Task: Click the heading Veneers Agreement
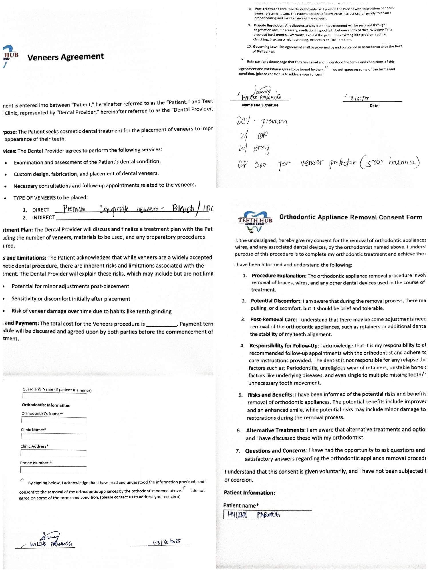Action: [x=65, y=57]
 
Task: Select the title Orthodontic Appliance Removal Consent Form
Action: [x=351, y=217]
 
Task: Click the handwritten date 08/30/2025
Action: [x=167, y=542]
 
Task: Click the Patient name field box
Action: [x=267, y=515]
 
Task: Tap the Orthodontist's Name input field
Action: [x=54, y=420]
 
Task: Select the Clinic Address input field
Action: [x=53, y=453]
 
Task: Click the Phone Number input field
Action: [x=53, y=470]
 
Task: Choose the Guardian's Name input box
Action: [x=54, y=396]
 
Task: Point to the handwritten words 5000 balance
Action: [x=390, y=163]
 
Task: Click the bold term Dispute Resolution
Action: [x=269, y=25]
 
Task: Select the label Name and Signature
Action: [x=260, y=105]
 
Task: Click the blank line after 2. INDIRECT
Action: [x=133, y=218]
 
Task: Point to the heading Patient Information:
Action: [x=249, y=492]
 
